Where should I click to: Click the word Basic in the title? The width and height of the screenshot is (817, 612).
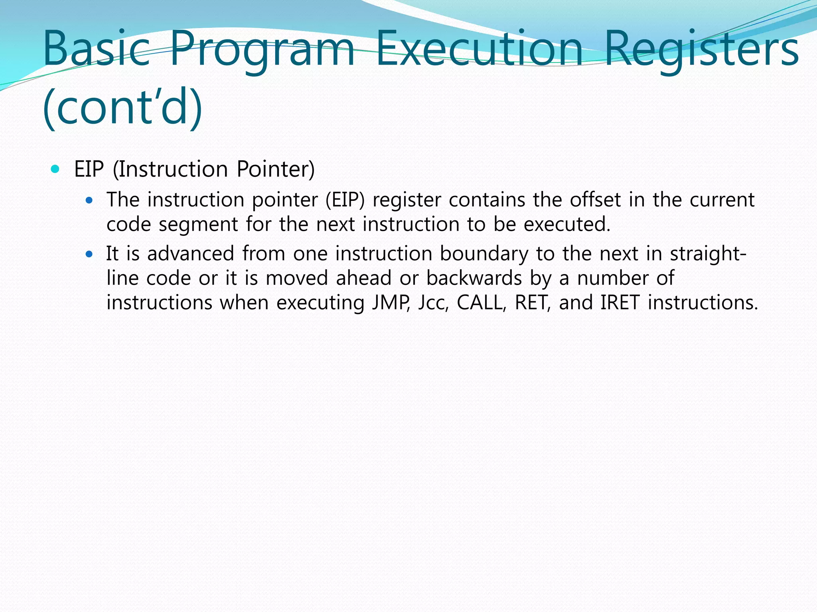[x=96, y=49]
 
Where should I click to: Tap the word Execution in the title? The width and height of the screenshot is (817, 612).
[x=479, y=49]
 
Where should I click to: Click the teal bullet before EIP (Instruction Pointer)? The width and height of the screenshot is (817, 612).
[x=55, y=169]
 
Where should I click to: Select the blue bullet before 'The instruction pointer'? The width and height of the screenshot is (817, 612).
[x=89, y=200]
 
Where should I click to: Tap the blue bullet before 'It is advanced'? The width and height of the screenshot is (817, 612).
[x=89, y=254]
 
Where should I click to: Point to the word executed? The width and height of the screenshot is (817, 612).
[x=567, y=224]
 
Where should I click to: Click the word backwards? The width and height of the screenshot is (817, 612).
[x=474, y=278]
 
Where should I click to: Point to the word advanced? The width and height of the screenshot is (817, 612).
[x=191, y=254]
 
